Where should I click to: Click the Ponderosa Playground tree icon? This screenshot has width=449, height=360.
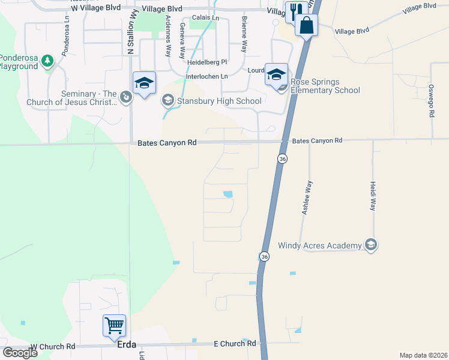(48, 61)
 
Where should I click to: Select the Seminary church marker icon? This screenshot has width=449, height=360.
(125, 97)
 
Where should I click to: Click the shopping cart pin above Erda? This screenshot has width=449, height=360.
(114, 326)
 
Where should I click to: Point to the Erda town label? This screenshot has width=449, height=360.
(122, 345)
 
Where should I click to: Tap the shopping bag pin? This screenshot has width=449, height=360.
(306, 26)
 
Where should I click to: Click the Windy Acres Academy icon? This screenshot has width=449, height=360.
(371, 245)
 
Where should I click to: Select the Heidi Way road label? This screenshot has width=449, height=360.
(373, 196)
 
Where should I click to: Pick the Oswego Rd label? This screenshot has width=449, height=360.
(431, 100)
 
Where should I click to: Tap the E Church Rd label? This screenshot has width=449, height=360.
(235, 344)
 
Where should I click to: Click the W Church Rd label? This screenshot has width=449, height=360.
(53, 347)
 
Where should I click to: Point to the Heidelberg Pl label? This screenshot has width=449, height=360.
(207, 62)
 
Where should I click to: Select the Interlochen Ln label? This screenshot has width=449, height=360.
(207, 77)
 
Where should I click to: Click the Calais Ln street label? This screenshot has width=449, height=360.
(206, 19)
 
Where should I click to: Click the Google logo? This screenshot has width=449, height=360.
(20, 353)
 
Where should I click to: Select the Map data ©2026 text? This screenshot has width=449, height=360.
(423, 355)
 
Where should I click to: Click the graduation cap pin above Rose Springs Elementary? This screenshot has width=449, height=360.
(276, 75)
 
